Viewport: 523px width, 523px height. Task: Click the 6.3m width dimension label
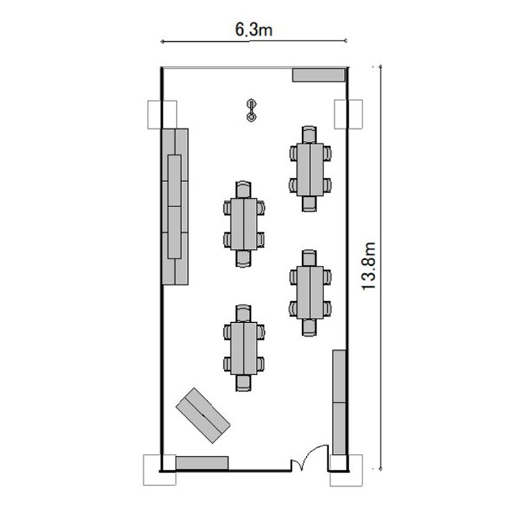click(x=254, y=30)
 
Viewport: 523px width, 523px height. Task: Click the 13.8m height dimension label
click(x=369, y=266)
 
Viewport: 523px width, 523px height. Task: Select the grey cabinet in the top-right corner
click(x=319, y=75)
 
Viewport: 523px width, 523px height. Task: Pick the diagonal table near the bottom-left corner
click(x=203, y=416)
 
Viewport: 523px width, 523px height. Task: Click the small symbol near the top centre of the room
click(x=251, y=110)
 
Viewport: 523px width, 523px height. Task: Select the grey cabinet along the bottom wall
click(x=202, y=463)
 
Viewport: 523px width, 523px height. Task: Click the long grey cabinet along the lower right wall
click(x=339, y=402)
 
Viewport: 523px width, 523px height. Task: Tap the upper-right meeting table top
click(x=310, y=169)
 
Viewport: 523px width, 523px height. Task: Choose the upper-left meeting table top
click(x=244, y=224)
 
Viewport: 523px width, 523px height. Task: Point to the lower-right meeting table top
click(x=310, y=292)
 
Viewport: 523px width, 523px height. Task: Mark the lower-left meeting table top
click(x=244, y=348)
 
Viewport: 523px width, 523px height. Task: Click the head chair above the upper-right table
click(x=310, y=135)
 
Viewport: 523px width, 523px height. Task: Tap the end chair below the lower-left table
click(x=243, y=383)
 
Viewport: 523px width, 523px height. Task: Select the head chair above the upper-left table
click(x=243, y=190)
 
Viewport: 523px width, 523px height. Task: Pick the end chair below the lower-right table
click(x=310, y=328)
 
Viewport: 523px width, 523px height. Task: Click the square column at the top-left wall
click(x=162, y=114)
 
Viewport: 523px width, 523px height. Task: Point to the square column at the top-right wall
click(x=349, y=114)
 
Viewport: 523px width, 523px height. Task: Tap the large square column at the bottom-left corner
click(x=160, y=470)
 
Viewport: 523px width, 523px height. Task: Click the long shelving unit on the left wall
click(x=175, y=207)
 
